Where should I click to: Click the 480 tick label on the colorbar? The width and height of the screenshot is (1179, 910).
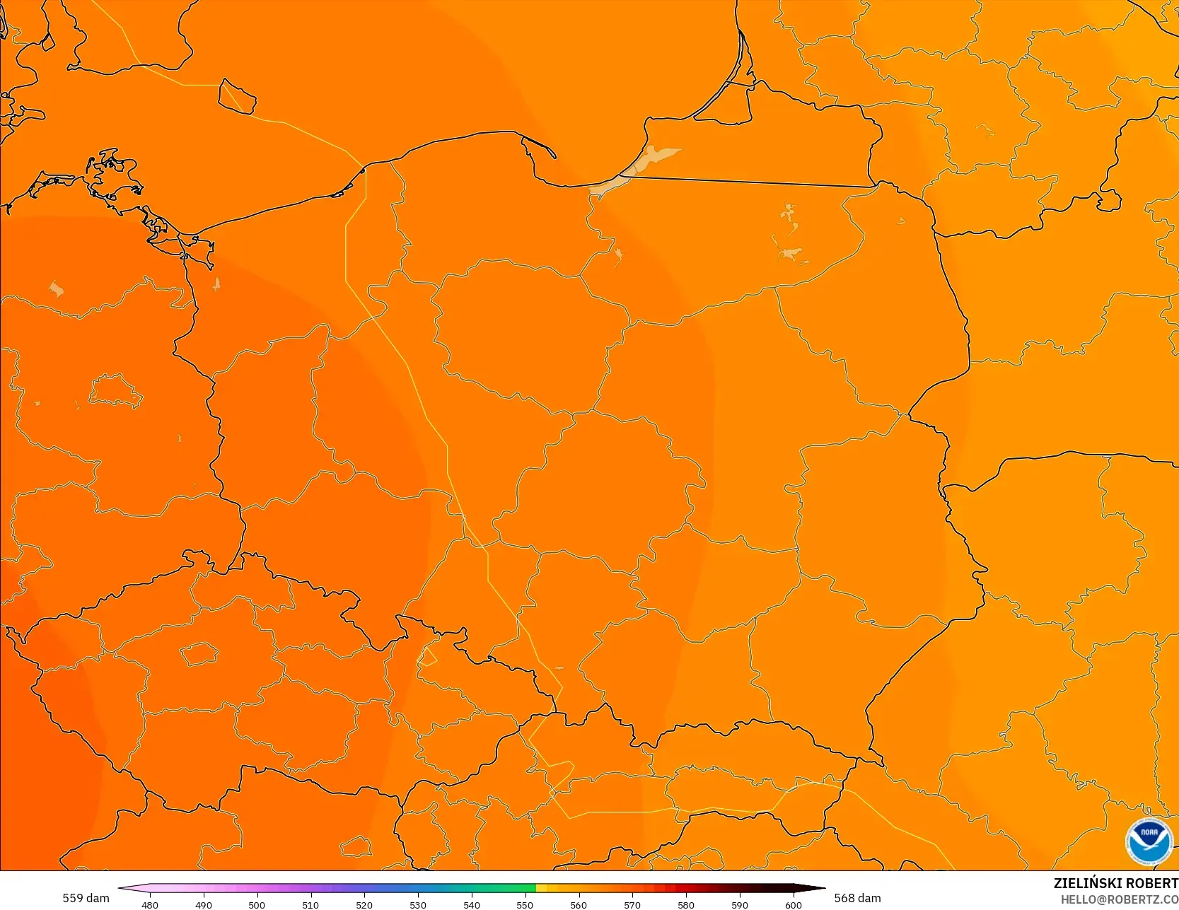pos(150,904)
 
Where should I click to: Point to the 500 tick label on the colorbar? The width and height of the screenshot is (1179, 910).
pos(257,904)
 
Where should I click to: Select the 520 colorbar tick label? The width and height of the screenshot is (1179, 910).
pos(364,904)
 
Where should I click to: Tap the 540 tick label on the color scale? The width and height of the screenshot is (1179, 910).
pos(472,904)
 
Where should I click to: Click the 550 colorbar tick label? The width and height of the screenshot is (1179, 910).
pos(525,904)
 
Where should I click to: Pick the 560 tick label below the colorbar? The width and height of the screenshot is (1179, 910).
pos(579,904)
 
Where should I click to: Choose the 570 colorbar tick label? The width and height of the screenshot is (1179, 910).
pos(632,904)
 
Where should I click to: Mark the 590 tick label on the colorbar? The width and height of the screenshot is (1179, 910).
pos(740,904)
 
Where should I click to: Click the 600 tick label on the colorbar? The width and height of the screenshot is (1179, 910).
pos(794,904)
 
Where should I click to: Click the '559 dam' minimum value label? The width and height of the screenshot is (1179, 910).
pos(86,898)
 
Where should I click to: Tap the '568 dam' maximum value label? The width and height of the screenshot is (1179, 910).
pos(857,898)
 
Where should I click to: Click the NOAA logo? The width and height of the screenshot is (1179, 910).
pos(1149,841)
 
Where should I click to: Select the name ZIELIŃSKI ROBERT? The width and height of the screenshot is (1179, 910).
pos(1115,883)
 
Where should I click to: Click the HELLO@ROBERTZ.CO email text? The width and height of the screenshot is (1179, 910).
pos(1119,899)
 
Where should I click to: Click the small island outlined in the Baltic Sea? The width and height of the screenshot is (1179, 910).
pos(236,96)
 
